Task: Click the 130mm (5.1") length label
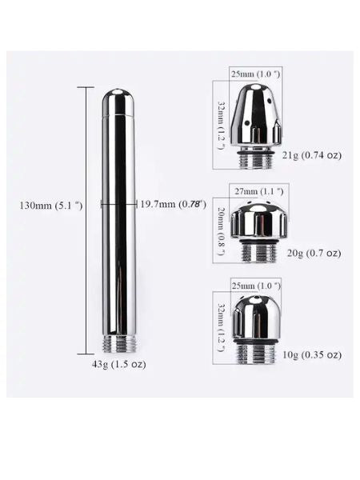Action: click(51, 205)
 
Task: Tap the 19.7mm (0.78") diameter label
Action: click(173, 204)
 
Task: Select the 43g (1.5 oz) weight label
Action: click(118, 365)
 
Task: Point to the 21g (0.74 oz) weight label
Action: click(312, 155)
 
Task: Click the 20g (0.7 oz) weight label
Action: click(314, 253)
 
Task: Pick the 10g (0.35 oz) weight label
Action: click(312, 355)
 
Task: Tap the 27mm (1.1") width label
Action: click(259, 192)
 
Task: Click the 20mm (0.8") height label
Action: click(222, 231)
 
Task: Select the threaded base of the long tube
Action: click(118, 345)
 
